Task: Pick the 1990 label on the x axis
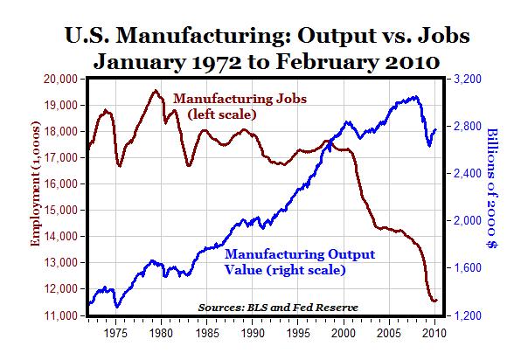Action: [x=253, y=333]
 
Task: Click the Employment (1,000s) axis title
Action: [x=36, y=197]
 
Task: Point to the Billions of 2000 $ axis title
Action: [x=499, y=197]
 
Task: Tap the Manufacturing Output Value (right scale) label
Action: [x=286, y=262]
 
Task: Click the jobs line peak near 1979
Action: [x=155, y=91]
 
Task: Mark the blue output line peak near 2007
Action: [x=414, y=97]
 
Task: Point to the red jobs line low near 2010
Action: [x=434, y=301]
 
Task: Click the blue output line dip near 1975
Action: [x=116, y=307]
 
